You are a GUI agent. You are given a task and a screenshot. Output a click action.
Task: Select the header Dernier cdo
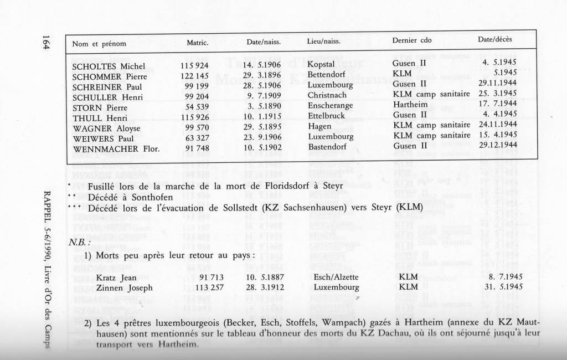point(411,40)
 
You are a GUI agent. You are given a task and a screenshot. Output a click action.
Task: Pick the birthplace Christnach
point(327,96)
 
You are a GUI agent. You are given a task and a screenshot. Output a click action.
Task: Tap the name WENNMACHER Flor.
point(116,148)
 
